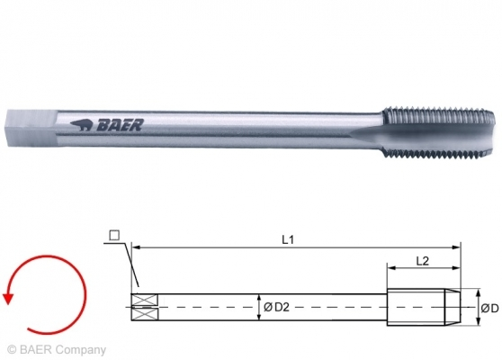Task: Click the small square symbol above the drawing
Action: tap(112, 236)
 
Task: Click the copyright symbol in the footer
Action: tap(12, 349)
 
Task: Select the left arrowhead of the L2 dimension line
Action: tap(390, 267)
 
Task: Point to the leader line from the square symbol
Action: tap(125, 265)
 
